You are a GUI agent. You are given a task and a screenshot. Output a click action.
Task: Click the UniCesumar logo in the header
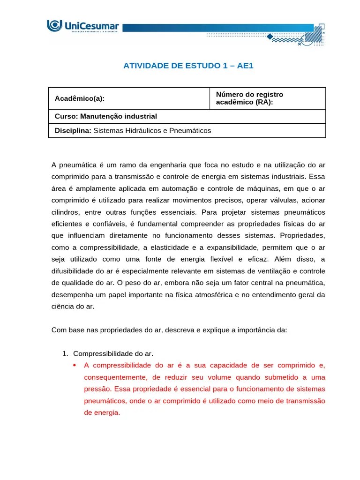click(83, 26)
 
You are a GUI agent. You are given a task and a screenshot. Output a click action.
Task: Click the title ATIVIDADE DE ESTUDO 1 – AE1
click(187, 66)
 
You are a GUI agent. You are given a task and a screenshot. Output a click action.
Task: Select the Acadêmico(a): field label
click(80, 98)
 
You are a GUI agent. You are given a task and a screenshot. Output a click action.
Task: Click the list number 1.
click(65, 353)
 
